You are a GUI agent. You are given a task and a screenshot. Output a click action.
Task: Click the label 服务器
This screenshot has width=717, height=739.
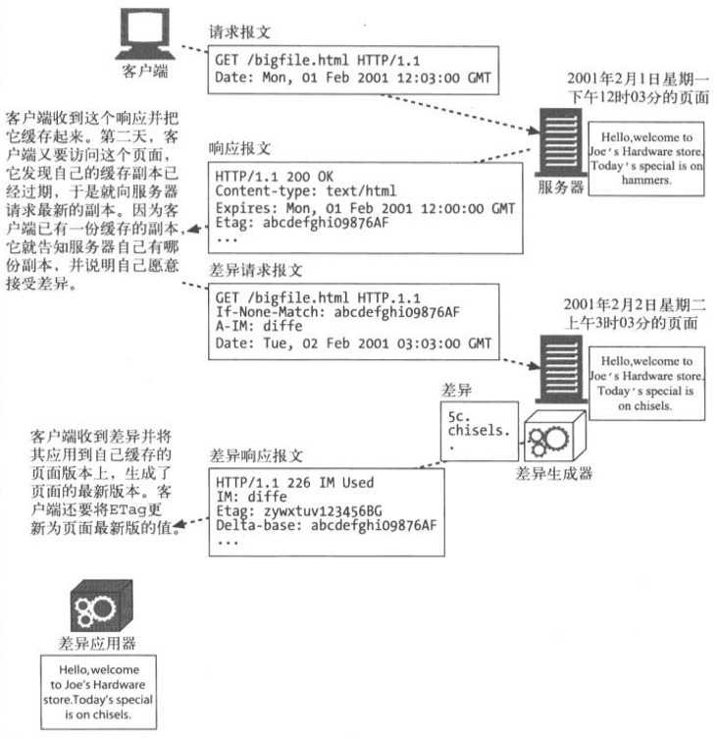tap(555, 186)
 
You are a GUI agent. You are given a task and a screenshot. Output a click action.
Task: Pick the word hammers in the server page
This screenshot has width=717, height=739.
tap(645, 181)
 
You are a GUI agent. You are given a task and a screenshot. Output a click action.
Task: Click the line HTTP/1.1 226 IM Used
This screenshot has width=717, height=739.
tap(294, 483)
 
